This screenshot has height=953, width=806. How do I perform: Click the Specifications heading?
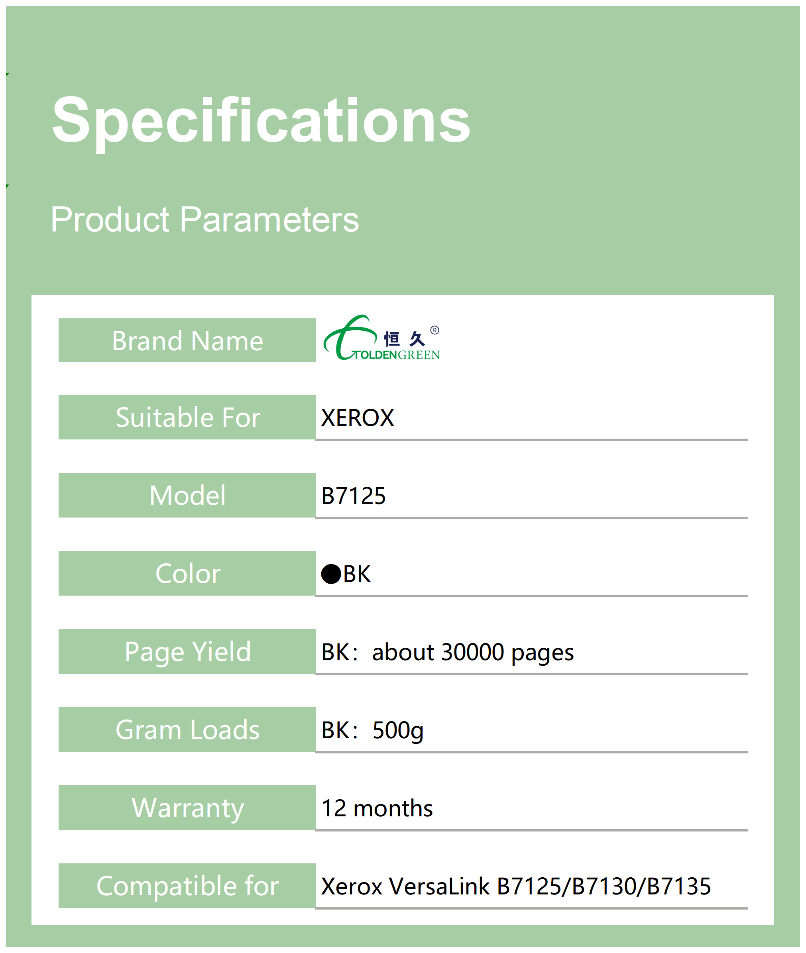(x=261, y=122)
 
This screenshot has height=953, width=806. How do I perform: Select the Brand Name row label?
(x=187, y=341)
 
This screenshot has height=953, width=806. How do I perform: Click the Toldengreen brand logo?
(x=381, y=338)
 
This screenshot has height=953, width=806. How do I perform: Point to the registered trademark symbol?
(x=434, y=330)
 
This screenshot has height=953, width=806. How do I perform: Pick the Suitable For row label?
(x=188, y=418)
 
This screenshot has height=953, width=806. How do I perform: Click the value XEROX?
(x=357, y=418)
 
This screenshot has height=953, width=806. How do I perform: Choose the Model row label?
(x=187, y=496)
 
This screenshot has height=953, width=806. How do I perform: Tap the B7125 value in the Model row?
(x=354, y=496)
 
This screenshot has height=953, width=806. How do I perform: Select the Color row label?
(x=188, y=574)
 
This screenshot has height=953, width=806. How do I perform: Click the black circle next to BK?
(x=331, y=574)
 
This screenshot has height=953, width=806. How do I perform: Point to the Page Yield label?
(x=188, y=652)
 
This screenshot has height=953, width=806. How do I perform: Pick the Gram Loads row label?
(x=187, y=730)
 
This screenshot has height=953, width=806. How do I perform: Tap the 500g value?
(x=398, y=731)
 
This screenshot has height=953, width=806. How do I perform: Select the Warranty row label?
(x=188, y=808)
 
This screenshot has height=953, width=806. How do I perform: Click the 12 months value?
(x=377, y=808)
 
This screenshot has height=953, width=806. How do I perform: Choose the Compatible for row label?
(x=187, y=886)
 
